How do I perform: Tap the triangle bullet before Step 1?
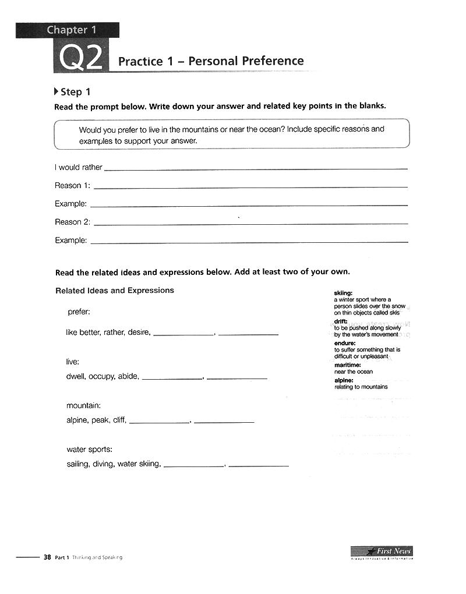56,91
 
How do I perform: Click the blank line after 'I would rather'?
255,168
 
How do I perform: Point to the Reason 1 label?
72,186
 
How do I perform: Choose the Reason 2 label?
72,222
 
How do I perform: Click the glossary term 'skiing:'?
343,292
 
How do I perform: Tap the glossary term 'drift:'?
341,321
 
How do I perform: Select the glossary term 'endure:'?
345,343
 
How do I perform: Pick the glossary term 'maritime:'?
348,365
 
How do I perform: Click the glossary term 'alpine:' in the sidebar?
344,380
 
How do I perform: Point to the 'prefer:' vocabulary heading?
79,312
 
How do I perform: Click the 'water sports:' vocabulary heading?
89,449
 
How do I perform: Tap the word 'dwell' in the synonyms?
76,376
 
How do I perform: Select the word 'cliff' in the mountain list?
119,420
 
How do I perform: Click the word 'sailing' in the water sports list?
77,464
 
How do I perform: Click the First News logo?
382,551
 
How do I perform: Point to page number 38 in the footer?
47,557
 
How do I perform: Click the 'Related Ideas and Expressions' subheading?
114,291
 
